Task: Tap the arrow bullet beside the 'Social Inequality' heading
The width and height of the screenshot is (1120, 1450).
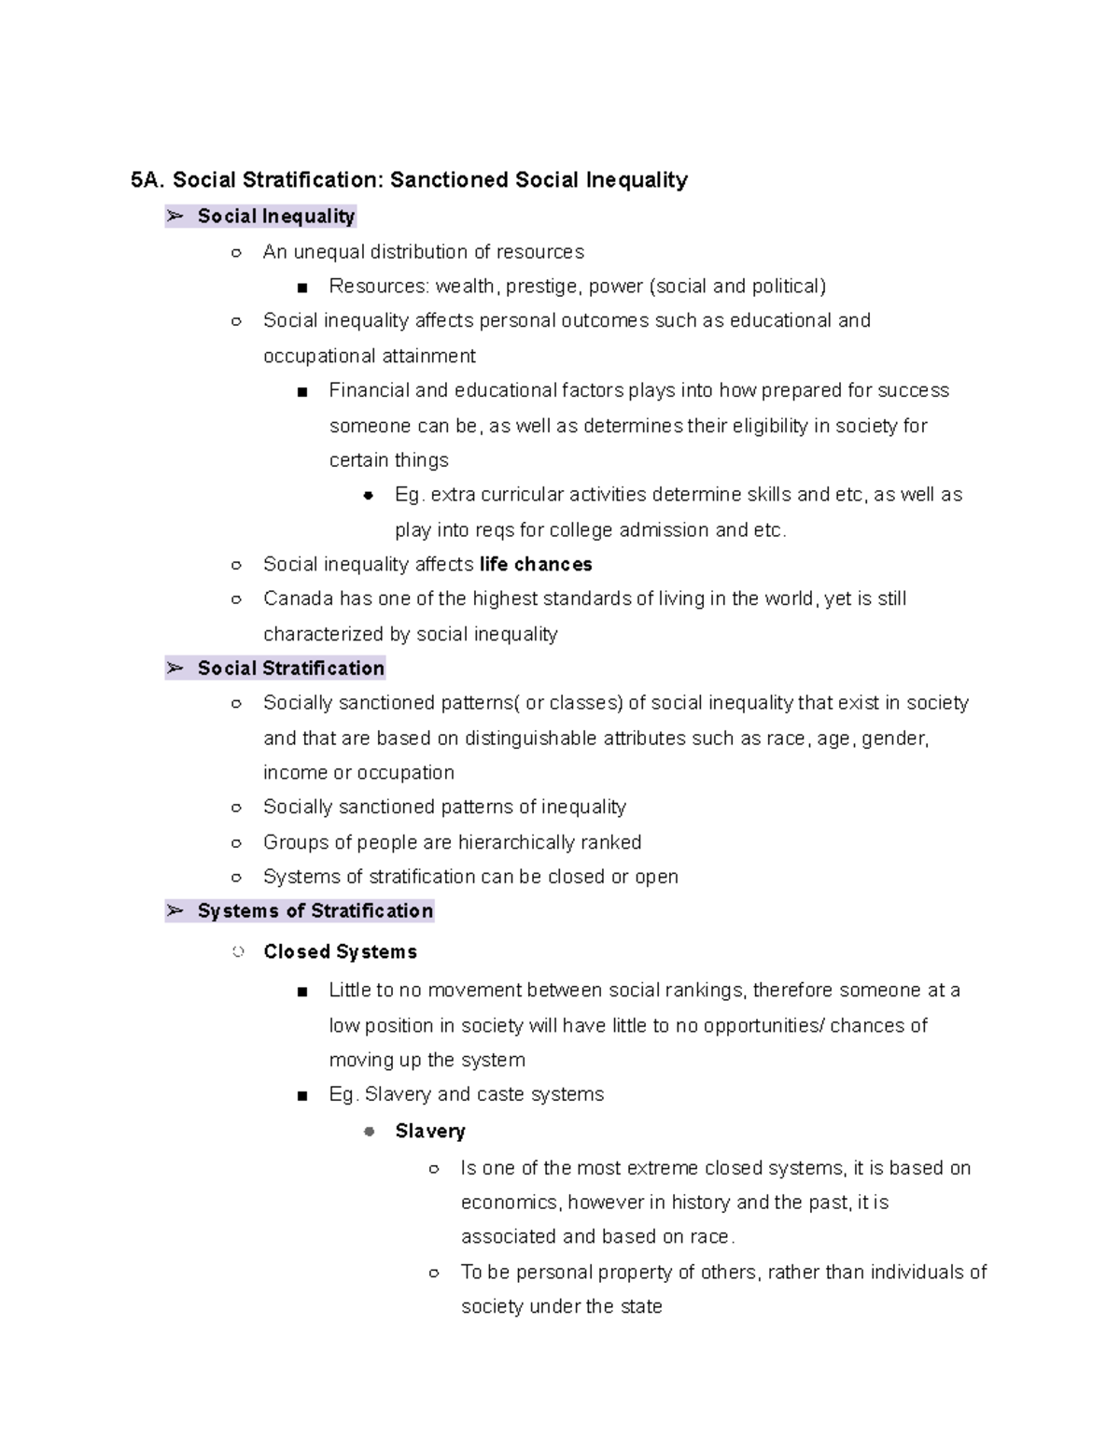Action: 175,217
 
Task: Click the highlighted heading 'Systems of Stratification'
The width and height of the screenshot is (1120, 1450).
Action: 315,911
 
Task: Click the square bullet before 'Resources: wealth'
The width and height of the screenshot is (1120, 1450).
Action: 301,288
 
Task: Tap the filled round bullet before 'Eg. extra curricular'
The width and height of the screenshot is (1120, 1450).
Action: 368,495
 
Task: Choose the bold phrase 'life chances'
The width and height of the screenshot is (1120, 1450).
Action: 536,565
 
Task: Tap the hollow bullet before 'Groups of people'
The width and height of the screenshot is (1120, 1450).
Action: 236,843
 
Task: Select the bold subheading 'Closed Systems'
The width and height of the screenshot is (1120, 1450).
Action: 340,952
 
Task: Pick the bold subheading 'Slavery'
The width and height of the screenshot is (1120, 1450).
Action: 429,1132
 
